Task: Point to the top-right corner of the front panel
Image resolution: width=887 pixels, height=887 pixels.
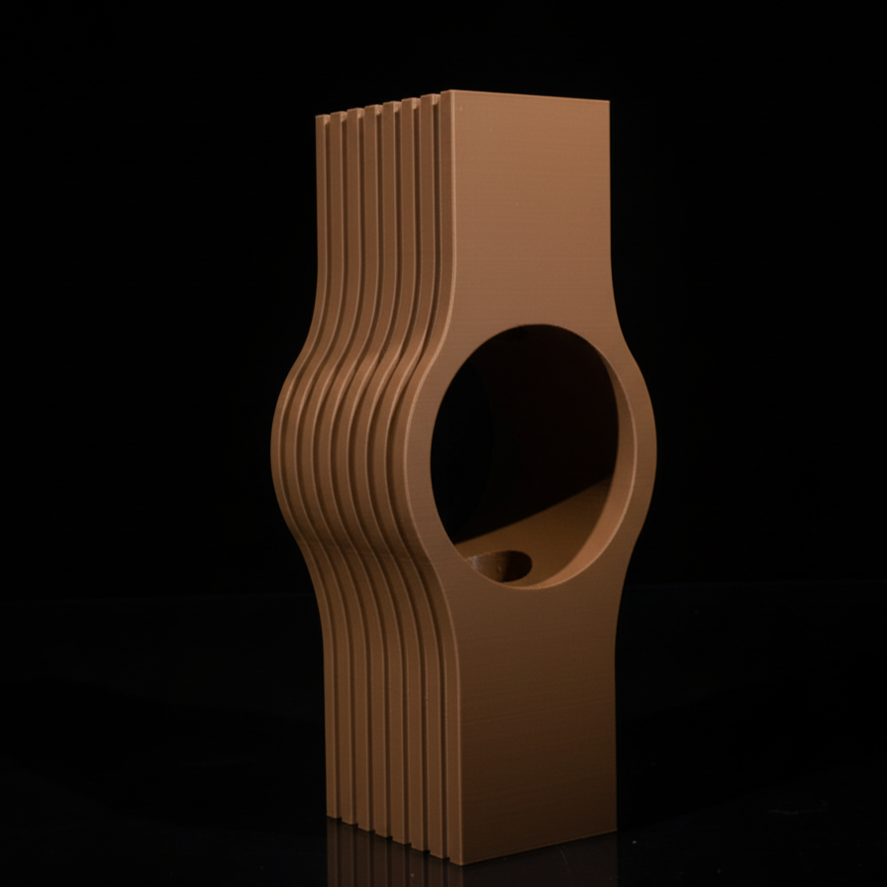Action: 608,100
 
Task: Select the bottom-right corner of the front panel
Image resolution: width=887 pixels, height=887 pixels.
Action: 615,830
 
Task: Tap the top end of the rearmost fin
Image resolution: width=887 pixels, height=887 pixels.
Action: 322,117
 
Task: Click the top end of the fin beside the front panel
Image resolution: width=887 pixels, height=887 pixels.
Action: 430,96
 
